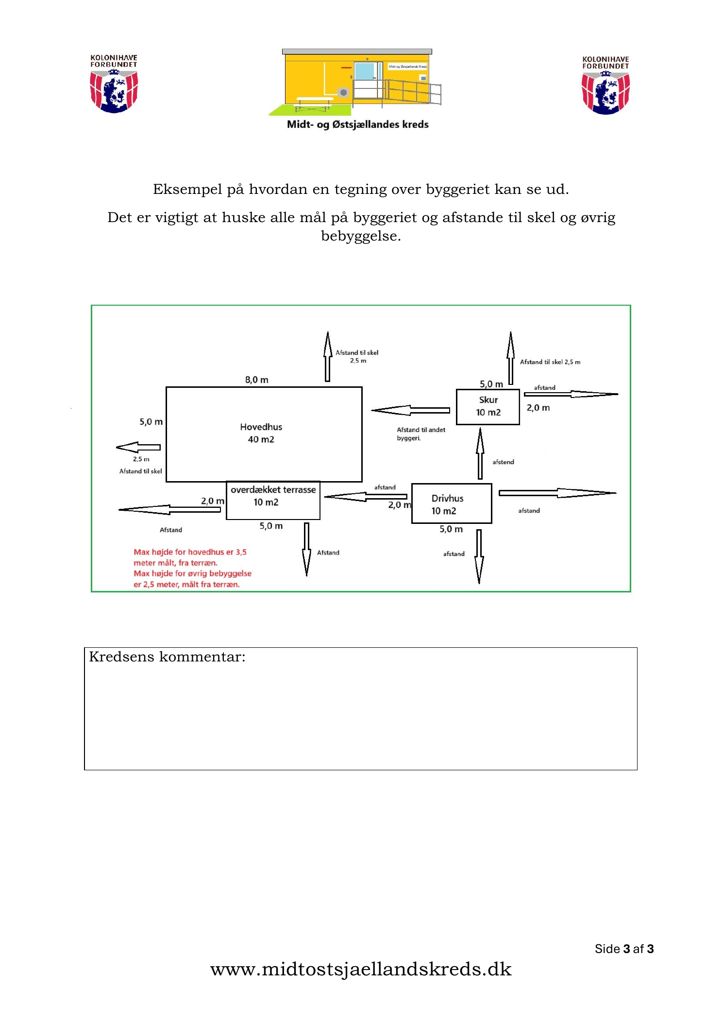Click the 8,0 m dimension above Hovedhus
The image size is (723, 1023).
[256, 380]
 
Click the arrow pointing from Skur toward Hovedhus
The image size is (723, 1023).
[410, 410]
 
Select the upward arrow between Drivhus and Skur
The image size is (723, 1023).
[480, 453]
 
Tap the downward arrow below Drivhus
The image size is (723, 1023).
[479, 556]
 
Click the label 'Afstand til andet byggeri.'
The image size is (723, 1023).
[420, 433]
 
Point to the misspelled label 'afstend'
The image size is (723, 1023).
[503, 462]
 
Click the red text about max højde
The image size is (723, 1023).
[192, 568]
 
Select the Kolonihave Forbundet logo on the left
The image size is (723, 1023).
[114, 84]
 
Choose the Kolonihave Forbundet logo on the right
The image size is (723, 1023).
[605, 85]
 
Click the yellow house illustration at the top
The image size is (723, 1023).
[355, 82]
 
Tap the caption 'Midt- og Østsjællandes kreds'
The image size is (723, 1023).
[357, 124]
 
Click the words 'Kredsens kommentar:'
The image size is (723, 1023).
[167, 657]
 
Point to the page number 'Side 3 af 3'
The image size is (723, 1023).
[624, 949]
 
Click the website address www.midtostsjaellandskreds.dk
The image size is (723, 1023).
[361, 969]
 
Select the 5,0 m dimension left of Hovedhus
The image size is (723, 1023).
[151, 421]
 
